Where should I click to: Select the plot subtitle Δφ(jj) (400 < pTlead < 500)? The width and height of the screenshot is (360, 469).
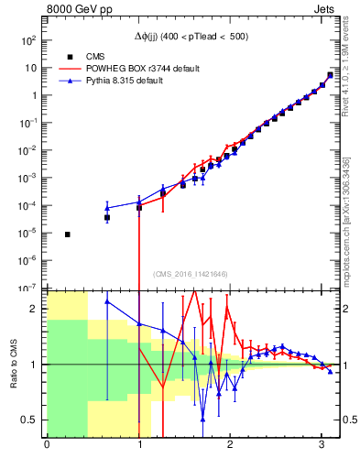click(x=191, y=36)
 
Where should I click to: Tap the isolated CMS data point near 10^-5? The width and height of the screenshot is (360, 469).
click(x=68, y=234)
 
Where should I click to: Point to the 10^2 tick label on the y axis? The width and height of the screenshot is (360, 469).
click(x=28, y=40)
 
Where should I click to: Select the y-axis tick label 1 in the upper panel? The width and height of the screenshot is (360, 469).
click(x=33, y=95)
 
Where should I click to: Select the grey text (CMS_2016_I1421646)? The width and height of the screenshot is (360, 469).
click(x=191, y=274)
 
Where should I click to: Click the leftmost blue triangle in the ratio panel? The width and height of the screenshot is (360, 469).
click(x=107, y=301)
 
